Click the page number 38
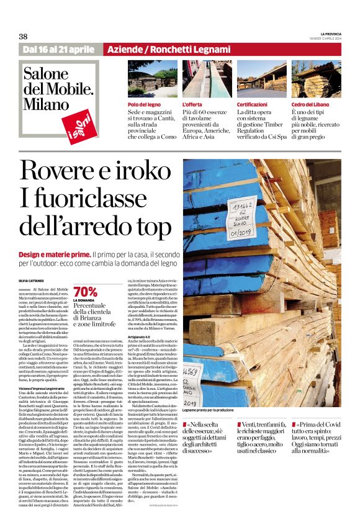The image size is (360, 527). (x=24, y=36)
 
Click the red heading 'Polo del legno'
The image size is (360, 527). (x=145, y=105)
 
